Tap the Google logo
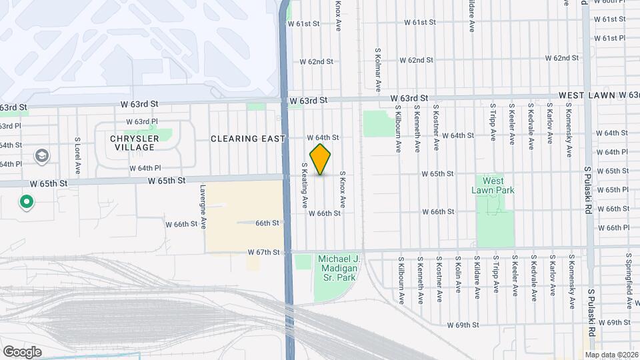click(22, 351)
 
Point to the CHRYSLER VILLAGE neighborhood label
click(135, 143)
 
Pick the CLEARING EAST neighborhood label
click(247, 139)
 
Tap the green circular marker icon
click(27, 201)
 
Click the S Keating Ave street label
click(305, 184)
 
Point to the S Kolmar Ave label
click(377, 69)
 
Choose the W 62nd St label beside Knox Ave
click(316, 61)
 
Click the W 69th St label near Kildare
click(463, 325)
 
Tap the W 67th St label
click(262, 252)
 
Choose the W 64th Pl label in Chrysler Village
click(145, 168)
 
